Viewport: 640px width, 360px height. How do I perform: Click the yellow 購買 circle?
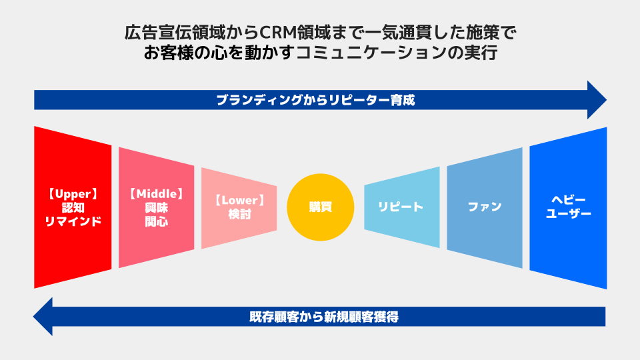[321, 207]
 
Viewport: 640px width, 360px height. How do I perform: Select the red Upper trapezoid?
[73, 207]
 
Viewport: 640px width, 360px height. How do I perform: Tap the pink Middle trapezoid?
[156, 207]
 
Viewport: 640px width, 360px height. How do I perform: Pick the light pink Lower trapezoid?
[239, 208]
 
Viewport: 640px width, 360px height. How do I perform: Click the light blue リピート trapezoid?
[402, 207]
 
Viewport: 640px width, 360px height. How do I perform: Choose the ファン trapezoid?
[485, 207]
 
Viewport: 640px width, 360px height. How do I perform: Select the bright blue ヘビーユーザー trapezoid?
[568, 208]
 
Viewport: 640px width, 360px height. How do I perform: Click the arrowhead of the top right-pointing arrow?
[597, 100]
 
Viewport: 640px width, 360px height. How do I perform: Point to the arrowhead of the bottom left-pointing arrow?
[43, 316]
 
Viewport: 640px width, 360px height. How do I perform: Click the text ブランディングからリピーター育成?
[315, 100]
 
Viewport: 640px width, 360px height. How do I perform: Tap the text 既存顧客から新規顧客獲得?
[324, 317]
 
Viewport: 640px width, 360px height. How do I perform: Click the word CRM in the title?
[279, 33]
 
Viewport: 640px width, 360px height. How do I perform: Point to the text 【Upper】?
[73, 194]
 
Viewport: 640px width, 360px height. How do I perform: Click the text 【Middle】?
[157, 194]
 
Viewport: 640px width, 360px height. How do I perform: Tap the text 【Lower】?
[239, 201]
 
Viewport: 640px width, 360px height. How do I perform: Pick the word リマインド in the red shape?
[73, 221]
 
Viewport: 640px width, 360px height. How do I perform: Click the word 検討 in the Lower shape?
[239, 214]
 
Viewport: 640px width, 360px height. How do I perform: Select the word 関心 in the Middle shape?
[156, 221]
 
